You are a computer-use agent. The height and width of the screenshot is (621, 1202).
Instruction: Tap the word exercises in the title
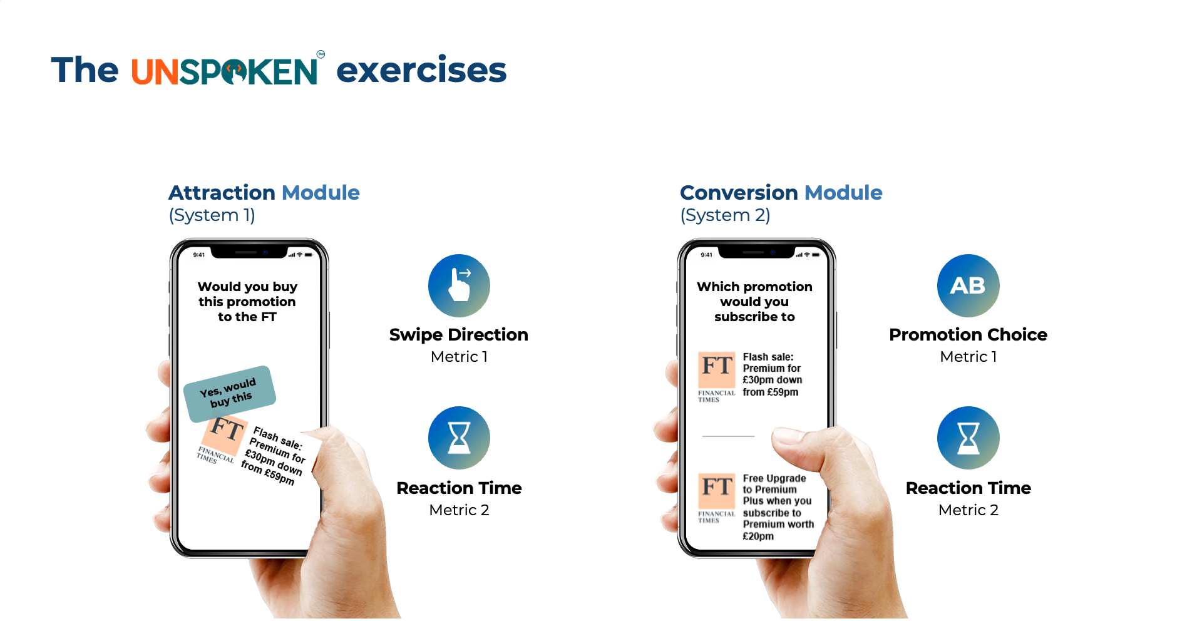tap(421, 70)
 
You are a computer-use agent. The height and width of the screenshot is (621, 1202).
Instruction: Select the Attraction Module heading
tap(264, 192)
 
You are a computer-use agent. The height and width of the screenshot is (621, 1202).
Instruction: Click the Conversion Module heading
tap(781, 192)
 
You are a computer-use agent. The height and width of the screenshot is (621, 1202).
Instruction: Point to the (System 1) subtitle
tap(212, 215)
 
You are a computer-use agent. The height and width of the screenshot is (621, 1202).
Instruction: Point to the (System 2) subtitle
tap(725, 215)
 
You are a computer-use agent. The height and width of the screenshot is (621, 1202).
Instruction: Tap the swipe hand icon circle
tap(459, 285)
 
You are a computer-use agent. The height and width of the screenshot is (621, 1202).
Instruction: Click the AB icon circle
tap(968, 285)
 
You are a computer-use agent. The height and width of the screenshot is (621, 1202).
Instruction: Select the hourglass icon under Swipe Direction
tap(459, 438)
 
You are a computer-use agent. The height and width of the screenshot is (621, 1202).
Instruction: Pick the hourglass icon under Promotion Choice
tap(968, 438)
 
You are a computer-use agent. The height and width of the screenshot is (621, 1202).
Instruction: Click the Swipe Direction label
tap(459, 335)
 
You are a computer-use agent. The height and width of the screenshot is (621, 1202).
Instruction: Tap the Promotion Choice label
tap(968, 335)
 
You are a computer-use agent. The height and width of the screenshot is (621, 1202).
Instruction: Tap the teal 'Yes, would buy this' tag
tap(230, 394)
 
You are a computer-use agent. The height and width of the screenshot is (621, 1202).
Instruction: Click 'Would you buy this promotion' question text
tap(247, 302)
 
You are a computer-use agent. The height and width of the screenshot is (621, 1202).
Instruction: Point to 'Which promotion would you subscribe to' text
tap(754, 302)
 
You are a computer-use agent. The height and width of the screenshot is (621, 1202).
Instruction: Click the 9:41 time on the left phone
tap(199, 255)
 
